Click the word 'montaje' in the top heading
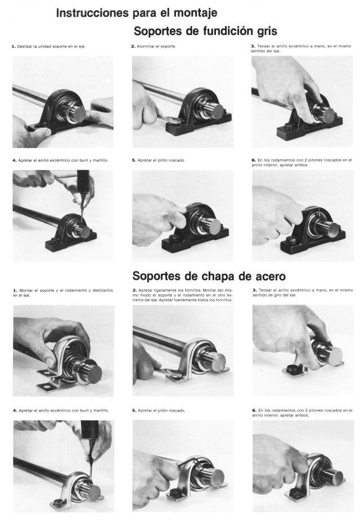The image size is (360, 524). [x=195, y=14]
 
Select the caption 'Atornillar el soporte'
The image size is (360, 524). [x=156, y=47]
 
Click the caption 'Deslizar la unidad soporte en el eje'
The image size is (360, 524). [x=51, y=47]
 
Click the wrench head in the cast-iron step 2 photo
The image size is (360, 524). [x=172, y=120]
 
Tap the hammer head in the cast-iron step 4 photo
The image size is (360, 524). [x=83, y=181]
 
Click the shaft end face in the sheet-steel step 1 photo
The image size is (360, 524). [x=95, y=374]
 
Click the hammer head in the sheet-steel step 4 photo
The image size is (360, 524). [x=89, y=430]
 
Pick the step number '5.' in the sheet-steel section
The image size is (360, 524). [x=134, y=410]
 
